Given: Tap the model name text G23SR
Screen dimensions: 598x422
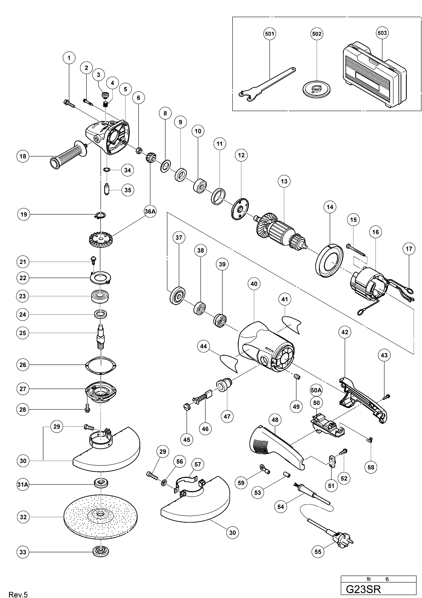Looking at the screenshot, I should [363, 589].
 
